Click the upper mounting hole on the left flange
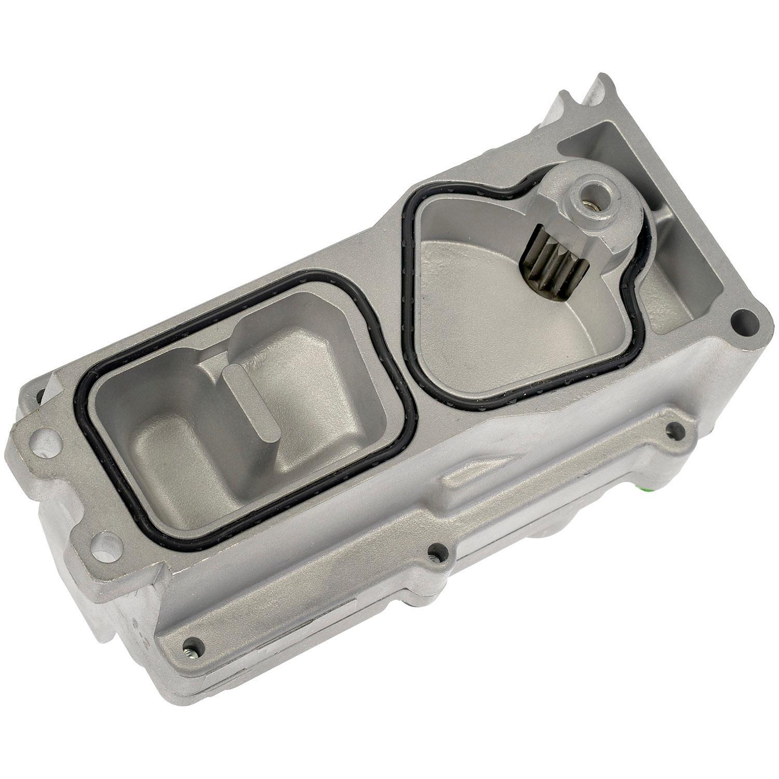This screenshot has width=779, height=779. click(x=47, y=447)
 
